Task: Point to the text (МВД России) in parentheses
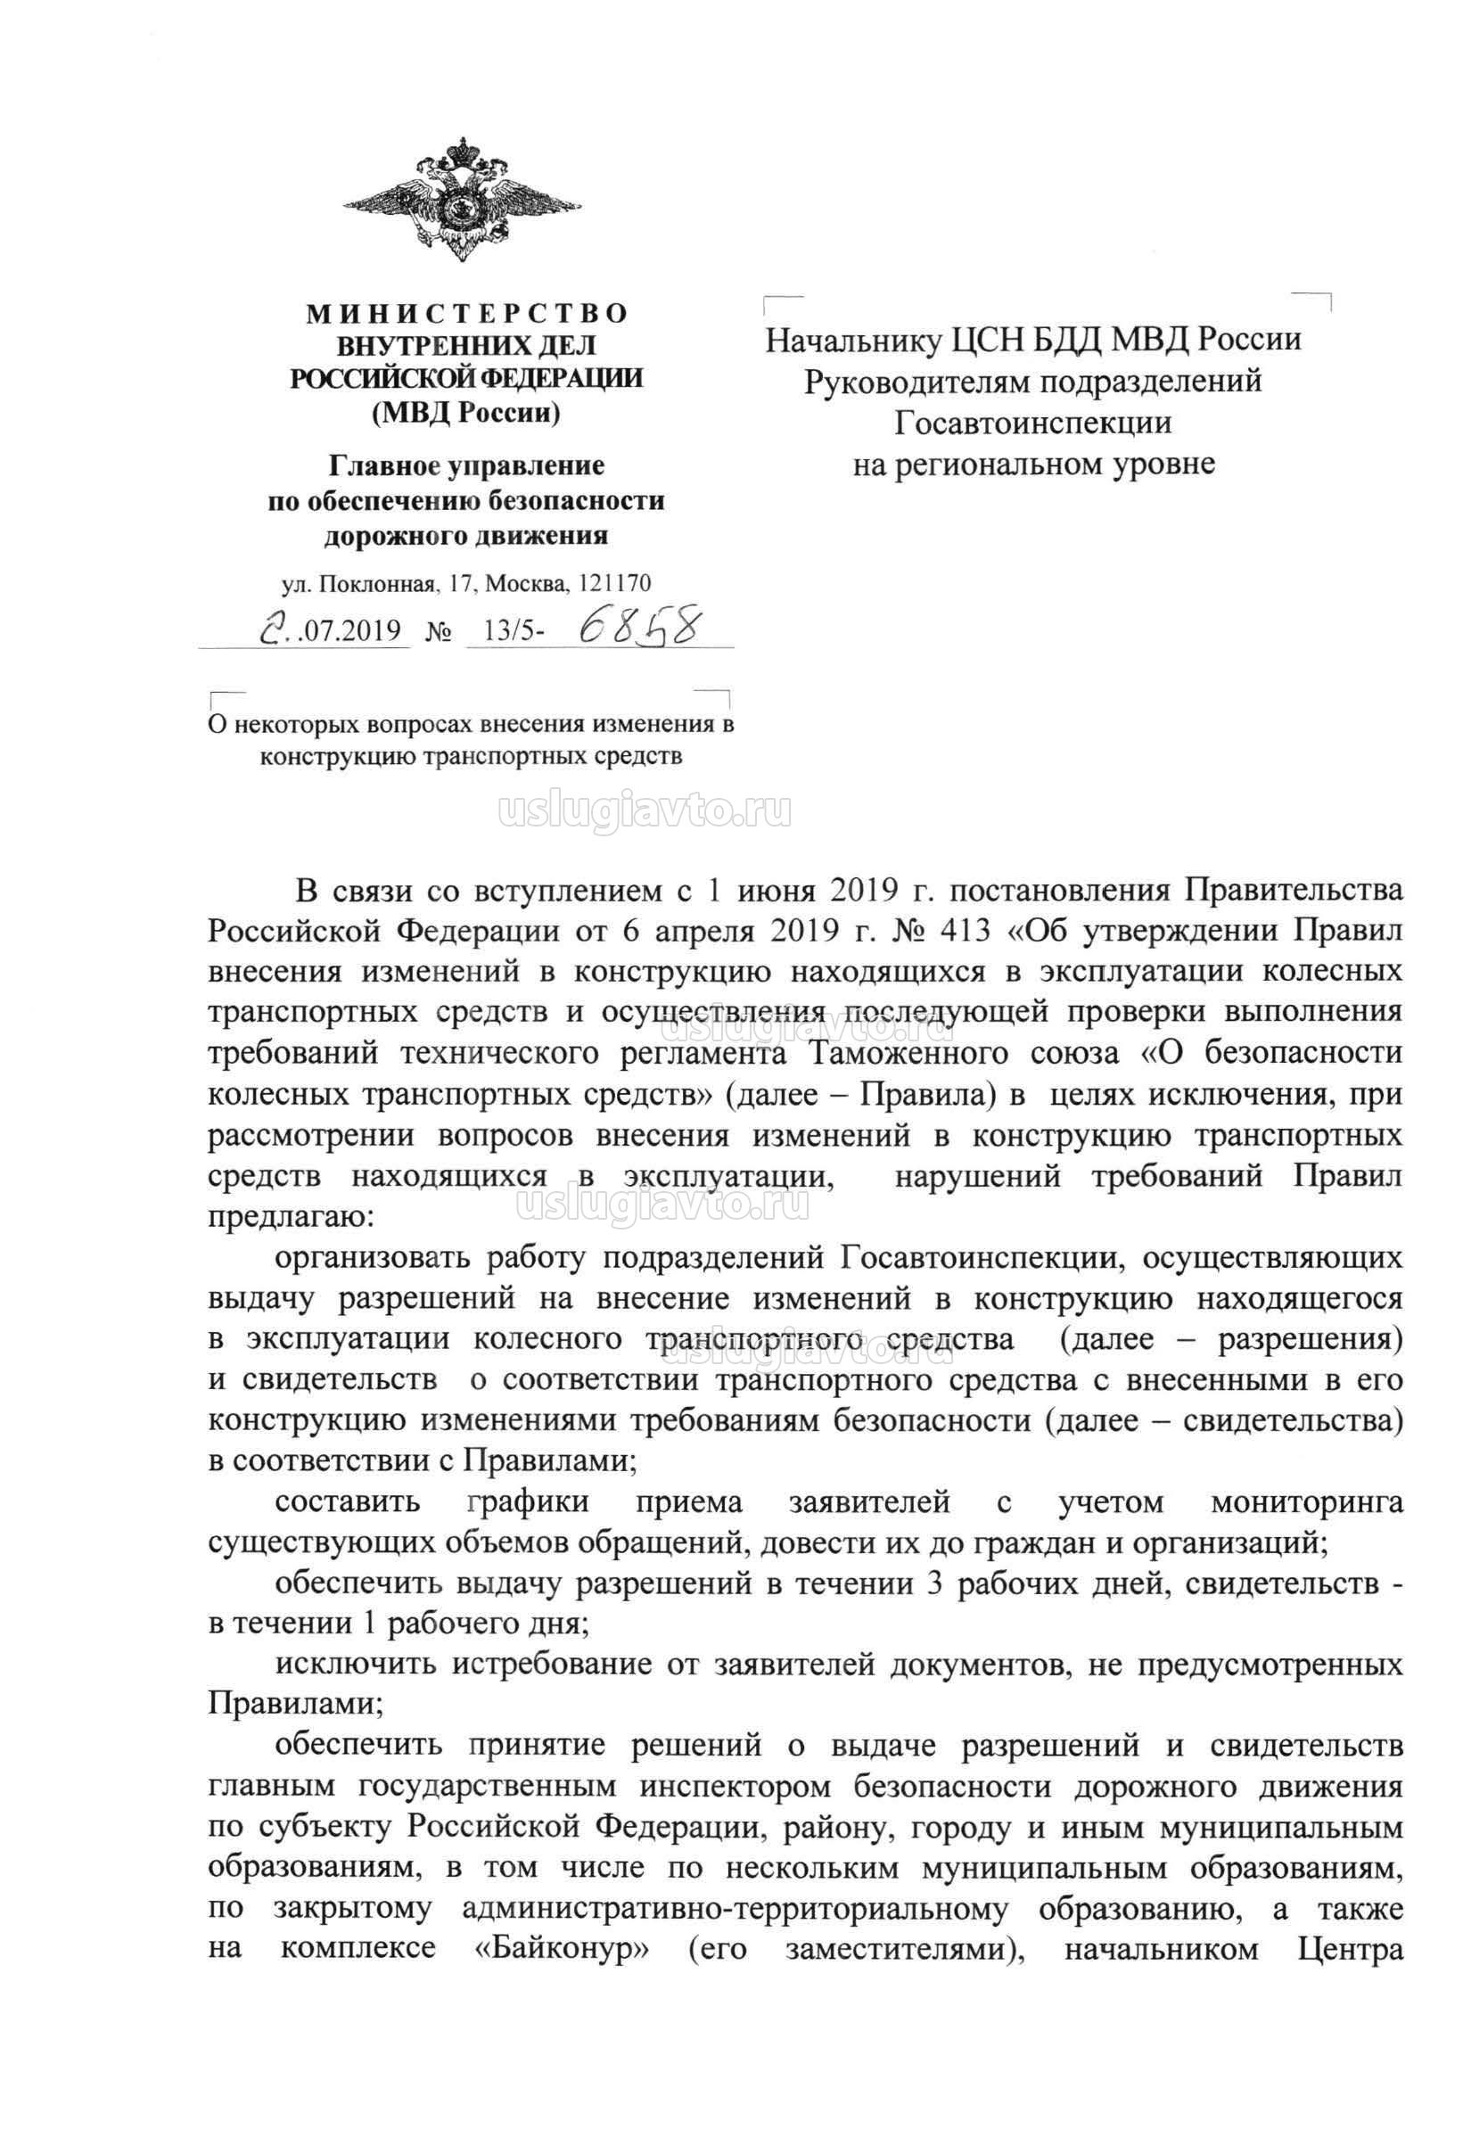[465, 413]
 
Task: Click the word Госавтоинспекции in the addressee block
[1033, 422]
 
